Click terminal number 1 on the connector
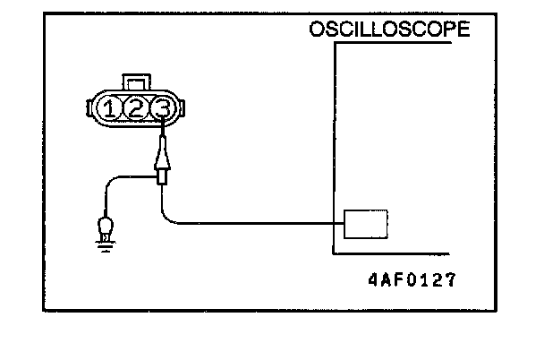point(109,109)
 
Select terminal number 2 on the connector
point(135,109)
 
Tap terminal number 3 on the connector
point(161,109)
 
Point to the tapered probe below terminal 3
point(162,155)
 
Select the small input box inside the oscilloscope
point(364,223)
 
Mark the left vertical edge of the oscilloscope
point(334,143)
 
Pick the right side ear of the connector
point(183,109)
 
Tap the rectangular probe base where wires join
point(162,177)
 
